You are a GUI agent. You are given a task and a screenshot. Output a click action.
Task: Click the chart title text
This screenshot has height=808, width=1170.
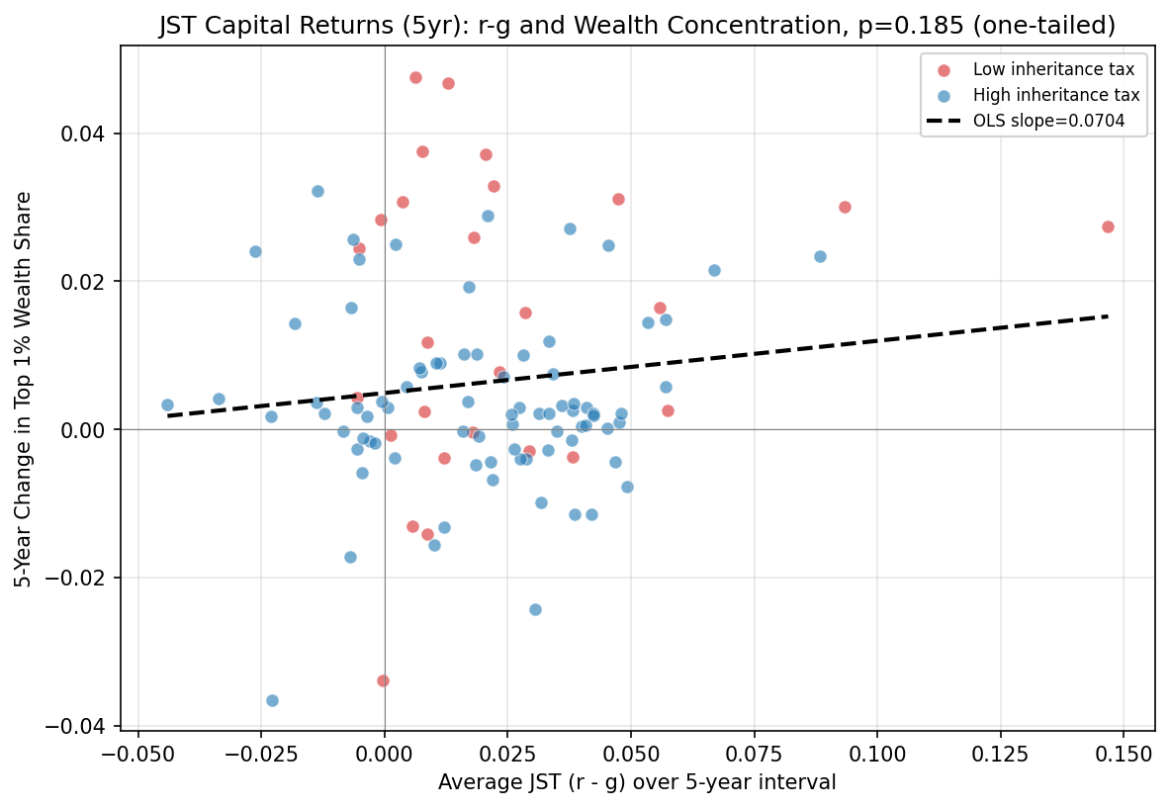click(x=637, y=27)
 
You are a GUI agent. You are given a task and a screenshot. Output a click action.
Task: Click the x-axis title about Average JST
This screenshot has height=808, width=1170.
click(x=637, y=782)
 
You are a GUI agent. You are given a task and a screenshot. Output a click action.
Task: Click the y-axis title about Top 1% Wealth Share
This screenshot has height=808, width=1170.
click(x=24, y=389)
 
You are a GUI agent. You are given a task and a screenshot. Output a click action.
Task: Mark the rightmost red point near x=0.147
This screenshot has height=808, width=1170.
click(x=1108, y=226)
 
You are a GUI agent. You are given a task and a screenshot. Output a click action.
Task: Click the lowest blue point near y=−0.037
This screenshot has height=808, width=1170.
click(x=272, y=700)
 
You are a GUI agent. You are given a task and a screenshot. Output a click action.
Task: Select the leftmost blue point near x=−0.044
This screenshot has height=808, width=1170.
click(x=167, y=404)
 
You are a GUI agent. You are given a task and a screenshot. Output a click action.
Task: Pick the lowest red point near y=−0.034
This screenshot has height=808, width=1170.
click(x=383, y=680)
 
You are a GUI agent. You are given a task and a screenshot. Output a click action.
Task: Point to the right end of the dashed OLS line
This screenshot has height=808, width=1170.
click(x=1108, y=315)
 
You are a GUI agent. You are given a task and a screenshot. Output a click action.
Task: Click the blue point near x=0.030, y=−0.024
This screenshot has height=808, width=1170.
click(x=535, y=609)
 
